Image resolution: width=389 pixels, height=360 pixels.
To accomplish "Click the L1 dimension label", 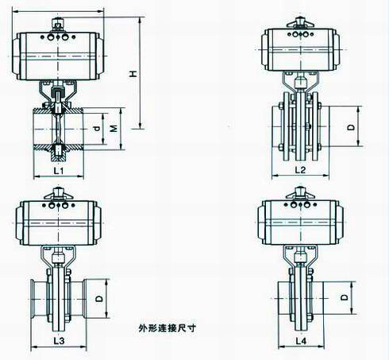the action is [59, 171].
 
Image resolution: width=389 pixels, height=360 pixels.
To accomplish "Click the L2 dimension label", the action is [300, 170].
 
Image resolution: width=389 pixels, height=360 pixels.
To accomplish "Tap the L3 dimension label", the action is [59, 341].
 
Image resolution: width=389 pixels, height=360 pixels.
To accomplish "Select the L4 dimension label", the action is [301, 341].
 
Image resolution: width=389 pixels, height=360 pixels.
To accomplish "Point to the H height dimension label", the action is [133, 74].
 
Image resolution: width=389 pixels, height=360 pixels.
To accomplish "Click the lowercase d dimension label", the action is [97, 129].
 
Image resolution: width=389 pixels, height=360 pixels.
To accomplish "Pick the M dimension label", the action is [114, 129].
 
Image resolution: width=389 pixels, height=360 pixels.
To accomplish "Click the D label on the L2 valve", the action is [351, 127].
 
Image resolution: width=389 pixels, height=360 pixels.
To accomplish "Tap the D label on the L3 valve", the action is [99, 299].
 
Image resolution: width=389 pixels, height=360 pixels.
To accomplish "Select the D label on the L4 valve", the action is [344, 297].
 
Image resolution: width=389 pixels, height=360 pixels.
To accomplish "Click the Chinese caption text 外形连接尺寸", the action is [168, 328].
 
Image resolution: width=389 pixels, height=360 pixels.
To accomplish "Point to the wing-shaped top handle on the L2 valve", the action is [300, 22].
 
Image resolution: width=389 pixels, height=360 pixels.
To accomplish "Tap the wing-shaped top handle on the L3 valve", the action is [58, 194].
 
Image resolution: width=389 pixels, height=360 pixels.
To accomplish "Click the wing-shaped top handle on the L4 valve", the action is [301, 193].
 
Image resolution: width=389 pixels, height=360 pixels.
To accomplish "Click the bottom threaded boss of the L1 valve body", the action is [58, 153].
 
